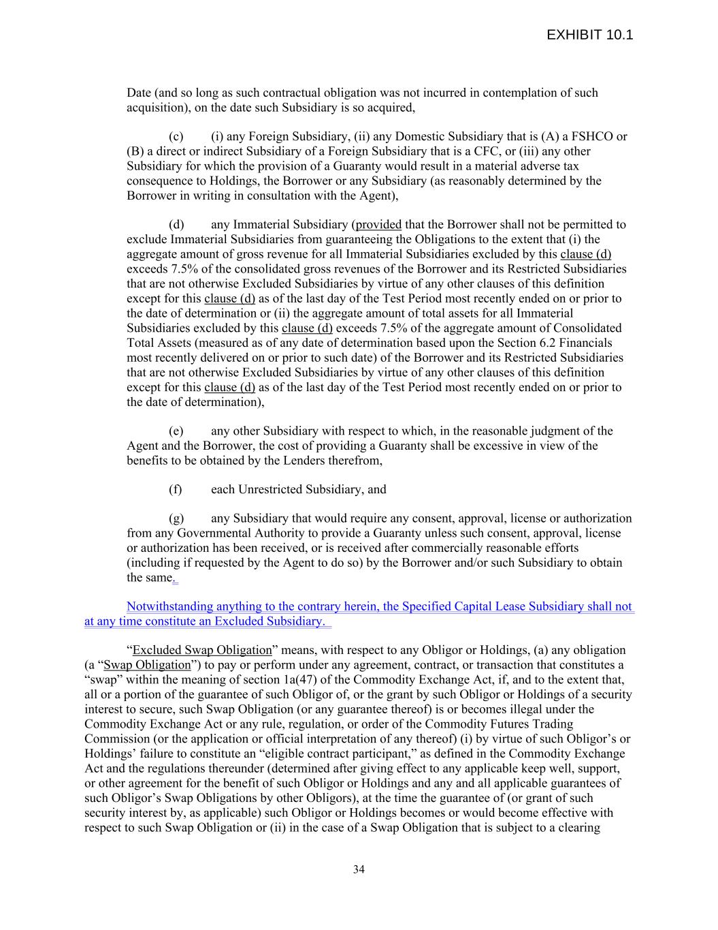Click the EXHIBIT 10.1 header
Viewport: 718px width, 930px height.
click(x=589, y=35)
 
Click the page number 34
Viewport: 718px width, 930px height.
click(x=359, y=869)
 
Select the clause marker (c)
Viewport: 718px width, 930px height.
click(x=176, y=136)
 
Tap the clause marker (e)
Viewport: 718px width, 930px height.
click(x=176, y=431)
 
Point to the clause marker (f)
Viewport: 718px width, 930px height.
click(x=175, y=489)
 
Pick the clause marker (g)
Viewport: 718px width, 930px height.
click(x=176, y=518)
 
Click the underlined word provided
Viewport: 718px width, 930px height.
click(x=378, y=224)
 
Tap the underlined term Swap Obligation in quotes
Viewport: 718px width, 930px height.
click(x=147, y=665)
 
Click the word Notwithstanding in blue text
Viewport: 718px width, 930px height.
click(x=169, y=606)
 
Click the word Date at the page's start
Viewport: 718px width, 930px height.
click(x=139, y=93)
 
